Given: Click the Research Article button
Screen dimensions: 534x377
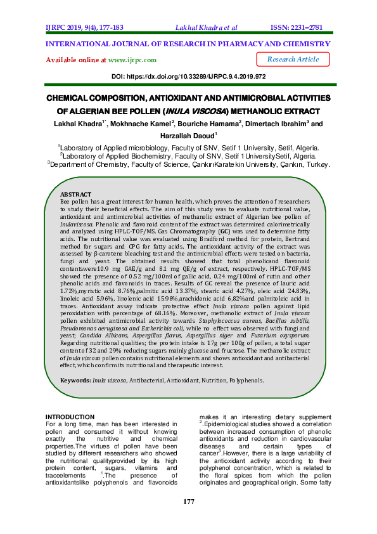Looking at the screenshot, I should tap(293, 60).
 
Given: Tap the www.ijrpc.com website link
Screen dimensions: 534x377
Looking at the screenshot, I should tap(132, 60).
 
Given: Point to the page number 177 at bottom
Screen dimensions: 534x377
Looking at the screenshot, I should tap(188, 502).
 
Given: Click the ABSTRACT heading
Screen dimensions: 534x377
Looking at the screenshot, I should tap(76, 194).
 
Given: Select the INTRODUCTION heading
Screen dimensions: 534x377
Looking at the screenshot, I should tap(70, 417).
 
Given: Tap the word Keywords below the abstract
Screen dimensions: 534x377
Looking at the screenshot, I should tap(75, 380).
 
